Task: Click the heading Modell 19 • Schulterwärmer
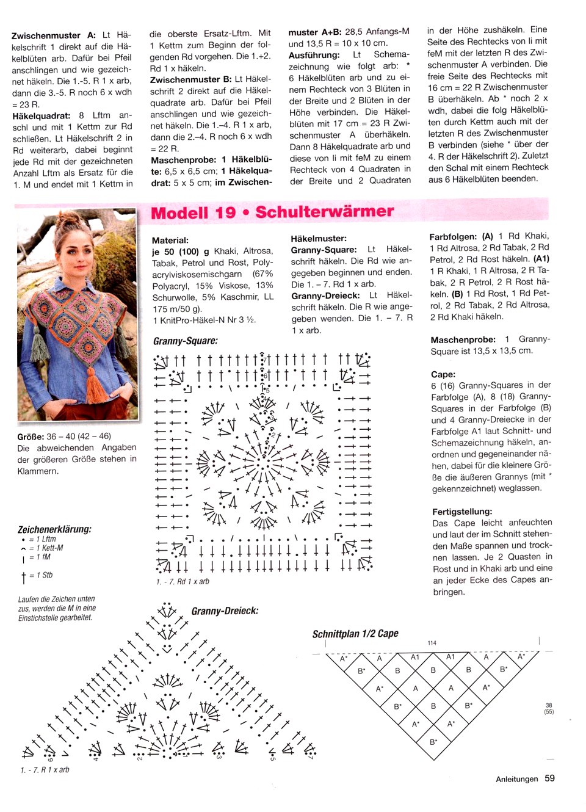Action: [x=272, y=212]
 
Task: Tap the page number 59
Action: [x=549, y=778]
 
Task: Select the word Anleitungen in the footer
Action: [x=516, y=779]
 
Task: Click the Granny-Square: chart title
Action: [x=185, y=341]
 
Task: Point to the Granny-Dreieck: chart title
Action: [x=225, y=611]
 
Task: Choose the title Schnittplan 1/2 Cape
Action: [x=355, y=634]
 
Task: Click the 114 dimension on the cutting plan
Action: [x=432, y=643]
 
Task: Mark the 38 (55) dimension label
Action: [x=549, y=708]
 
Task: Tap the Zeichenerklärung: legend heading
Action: [x=54, y=529]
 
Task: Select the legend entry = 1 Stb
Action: [x=41, y=575]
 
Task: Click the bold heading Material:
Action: [x=170, y=241]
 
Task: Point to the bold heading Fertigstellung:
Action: [x=461, y=512]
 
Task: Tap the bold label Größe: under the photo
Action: [x=31, y=437]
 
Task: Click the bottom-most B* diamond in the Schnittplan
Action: [x=433, y=742]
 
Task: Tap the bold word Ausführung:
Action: [x=314, y=55]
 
